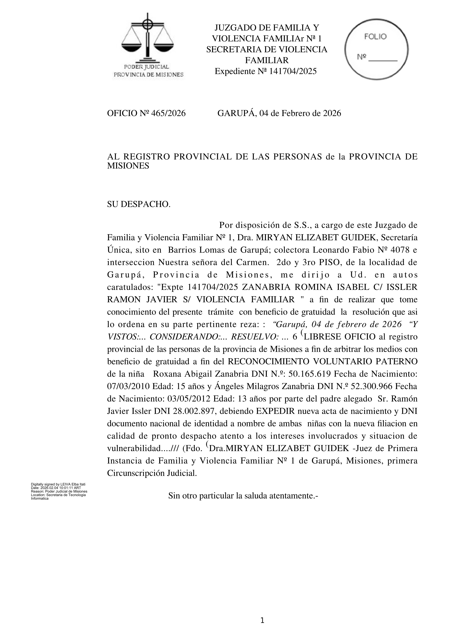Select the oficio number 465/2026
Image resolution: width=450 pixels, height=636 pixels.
168,113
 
